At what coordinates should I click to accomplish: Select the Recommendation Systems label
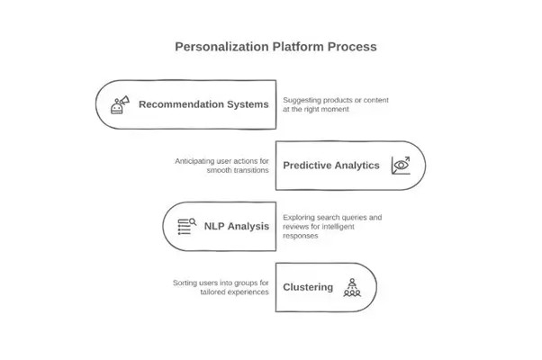[x=203, y=104]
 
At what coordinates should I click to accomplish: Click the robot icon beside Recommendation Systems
[x=118, y=104]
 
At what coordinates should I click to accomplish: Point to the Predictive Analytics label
[x=331, y=166]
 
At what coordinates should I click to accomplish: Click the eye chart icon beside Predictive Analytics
[x=400, y=166]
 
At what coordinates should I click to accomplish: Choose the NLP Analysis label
[x=235, y=226]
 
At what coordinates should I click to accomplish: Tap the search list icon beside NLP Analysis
[x=186, y=226]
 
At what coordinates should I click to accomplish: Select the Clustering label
[x=308, y=288]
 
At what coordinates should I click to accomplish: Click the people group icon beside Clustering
[x=352, y=288]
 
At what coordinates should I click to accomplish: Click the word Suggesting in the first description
[x=302, y=100]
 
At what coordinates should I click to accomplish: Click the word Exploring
[x=300, y=217]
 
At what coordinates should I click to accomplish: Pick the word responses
[x=302, y=236]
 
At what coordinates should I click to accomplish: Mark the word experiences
[x=247, y=292]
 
